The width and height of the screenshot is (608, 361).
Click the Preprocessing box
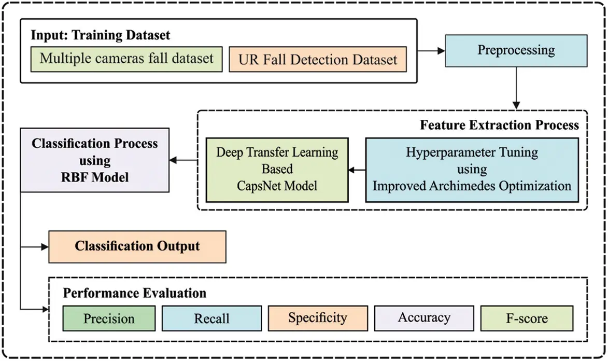516,51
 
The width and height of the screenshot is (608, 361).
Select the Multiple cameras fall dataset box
126,58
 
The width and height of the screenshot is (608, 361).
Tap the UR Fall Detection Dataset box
318,59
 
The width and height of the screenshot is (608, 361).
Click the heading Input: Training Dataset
101,35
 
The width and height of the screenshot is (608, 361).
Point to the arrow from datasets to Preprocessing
431,51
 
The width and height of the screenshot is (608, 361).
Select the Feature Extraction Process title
499,124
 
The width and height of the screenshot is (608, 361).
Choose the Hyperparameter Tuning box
472,169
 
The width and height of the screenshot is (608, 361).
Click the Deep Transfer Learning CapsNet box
277,169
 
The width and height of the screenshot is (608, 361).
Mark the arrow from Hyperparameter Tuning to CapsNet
357,170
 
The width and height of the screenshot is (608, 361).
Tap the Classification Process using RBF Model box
94,160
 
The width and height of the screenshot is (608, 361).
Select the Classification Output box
137,246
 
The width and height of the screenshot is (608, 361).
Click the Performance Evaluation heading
134,293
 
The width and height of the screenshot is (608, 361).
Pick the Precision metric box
109,318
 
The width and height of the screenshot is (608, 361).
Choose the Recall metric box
211,318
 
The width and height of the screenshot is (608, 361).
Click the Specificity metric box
318,317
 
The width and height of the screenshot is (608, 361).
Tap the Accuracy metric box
424,317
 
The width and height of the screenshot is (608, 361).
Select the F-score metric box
527,318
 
